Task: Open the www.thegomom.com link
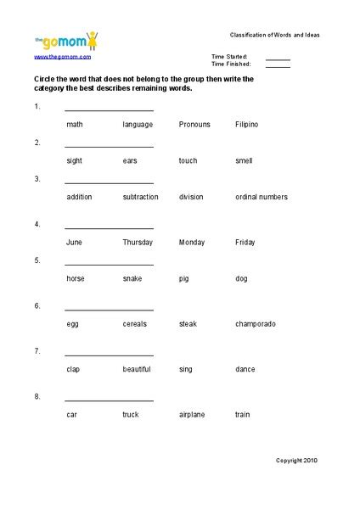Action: point(63,56)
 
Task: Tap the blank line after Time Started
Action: point(278,59)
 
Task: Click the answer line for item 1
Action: point(109,109)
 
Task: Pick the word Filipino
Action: point(246,125)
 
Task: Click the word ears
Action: point(131,160)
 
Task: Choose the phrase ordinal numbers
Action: point(262,197)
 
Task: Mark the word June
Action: point(74,243)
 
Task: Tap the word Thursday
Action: point(138,243)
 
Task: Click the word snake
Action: point(132,278)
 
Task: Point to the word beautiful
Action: point(137,369)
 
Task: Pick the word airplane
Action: point(194,415)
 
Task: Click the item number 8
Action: point(37,396)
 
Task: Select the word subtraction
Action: point(140,197)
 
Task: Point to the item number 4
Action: point(37,224)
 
